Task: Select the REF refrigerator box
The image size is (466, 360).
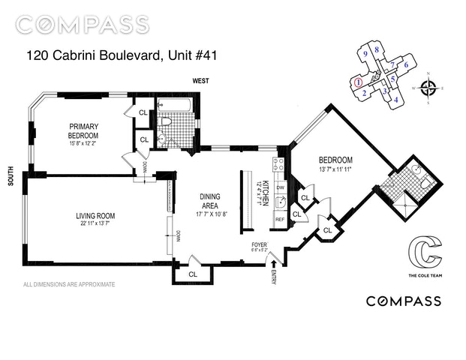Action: [x=278, y=220]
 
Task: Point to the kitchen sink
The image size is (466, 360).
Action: [x=278, y=201]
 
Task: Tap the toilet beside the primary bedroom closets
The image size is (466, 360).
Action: [x=166, y=122]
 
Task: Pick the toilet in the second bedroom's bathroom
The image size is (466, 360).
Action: [x=422, y=180]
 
